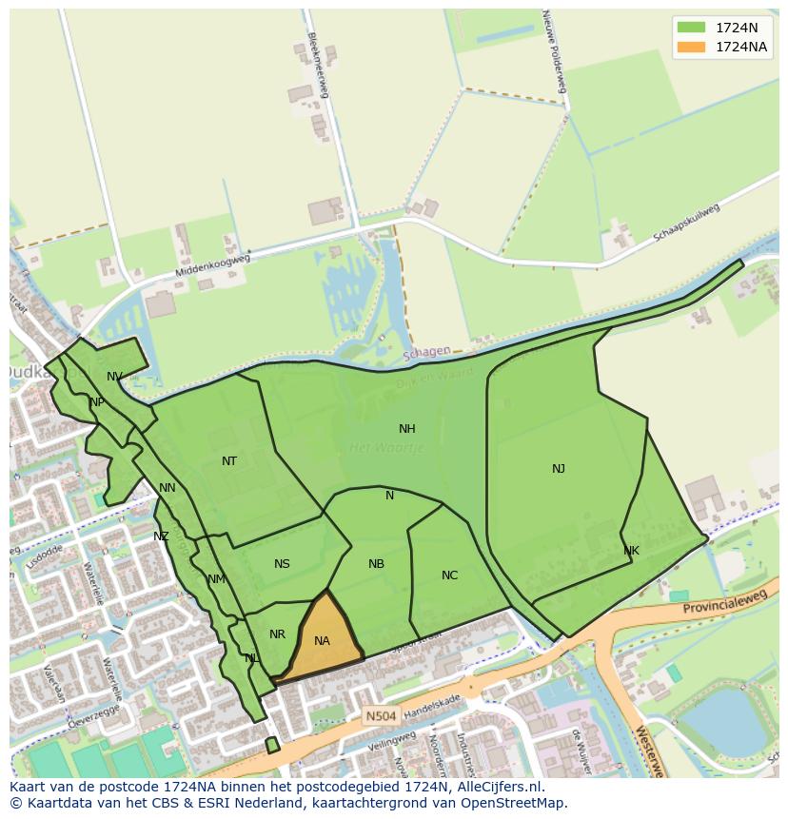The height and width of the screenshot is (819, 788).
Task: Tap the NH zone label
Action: (x=407, y=429)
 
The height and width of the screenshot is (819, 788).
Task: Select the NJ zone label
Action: (x=559, y=468)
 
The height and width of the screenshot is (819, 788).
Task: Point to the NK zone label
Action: (x=631, y=551)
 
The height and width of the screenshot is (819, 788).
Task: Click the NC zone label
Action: (x=450, y=575)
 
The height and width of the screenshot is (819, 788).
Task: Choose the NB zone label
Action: (x=377, y=564)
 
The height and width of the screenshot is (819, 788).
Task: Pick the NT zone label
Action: (x=229, y=461)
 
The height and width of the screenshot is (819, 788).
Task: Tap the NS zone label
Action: (x=283, y=564)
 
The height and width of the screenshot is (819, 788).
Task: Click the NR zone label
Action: (x=277, y=634)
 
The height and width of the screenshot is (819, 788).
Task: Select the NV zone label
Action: (x=114, y=377)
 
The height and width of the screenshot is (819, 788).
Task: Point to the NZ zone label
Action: (x=161, y=536)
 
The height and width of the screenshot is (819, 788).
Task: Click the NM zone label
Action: (x=216, y=579)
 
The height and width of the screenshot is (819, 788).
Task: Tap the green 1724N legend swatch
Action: (x=692, y=27)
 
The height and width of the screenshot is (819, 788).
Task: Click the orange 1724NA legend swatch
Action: (x=692, y=47)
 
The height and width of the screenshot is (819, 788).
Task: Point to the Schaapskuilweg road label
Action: (x=686, y=222)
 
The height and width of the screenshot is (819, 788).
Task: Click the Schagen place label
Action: (x=426, y=352)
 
